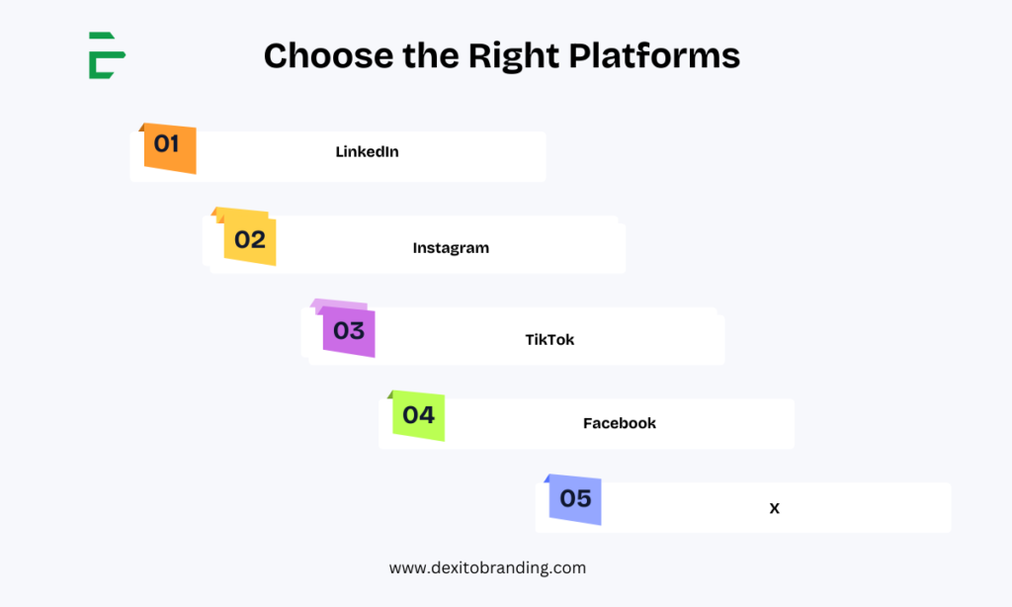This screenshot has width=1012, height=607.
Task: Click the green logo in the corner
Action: point(107,55)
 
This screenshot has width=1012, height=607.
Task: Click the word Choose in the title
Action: point(328,55)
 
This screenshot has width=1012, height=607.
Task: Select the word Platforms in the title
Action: point(654,55)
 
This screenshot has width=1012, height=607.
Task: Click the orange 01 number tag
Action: point(170,148)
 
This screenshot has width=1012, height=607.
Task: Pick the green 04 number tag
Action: point(418,415)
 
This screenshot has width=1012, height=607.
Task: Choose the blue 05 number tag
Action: point(575,499)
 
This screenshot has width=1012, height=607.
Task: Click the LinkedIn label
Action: point(368,152)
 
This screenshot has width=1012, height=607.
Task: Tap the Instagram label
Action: point(451,248)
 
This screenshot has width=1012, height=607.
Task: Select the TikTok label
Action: point(549,340)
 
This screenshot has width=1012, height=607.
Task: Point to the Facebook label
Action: point(620,423)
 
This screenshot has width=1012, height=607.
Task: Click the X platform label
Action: point(775,508)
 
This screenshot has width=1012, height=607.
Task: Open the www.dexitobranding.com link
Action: point(487,568)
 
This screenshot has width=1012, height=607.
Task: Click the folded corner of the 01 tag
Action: point(141,128)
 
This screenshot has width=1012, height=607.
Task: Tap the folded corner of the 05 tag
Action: point(547,478)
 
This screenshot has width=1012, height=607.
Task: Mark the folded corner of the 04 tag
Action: point(389,394)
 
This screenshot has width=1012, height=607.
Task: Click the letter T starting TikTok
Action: point(530,340)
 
